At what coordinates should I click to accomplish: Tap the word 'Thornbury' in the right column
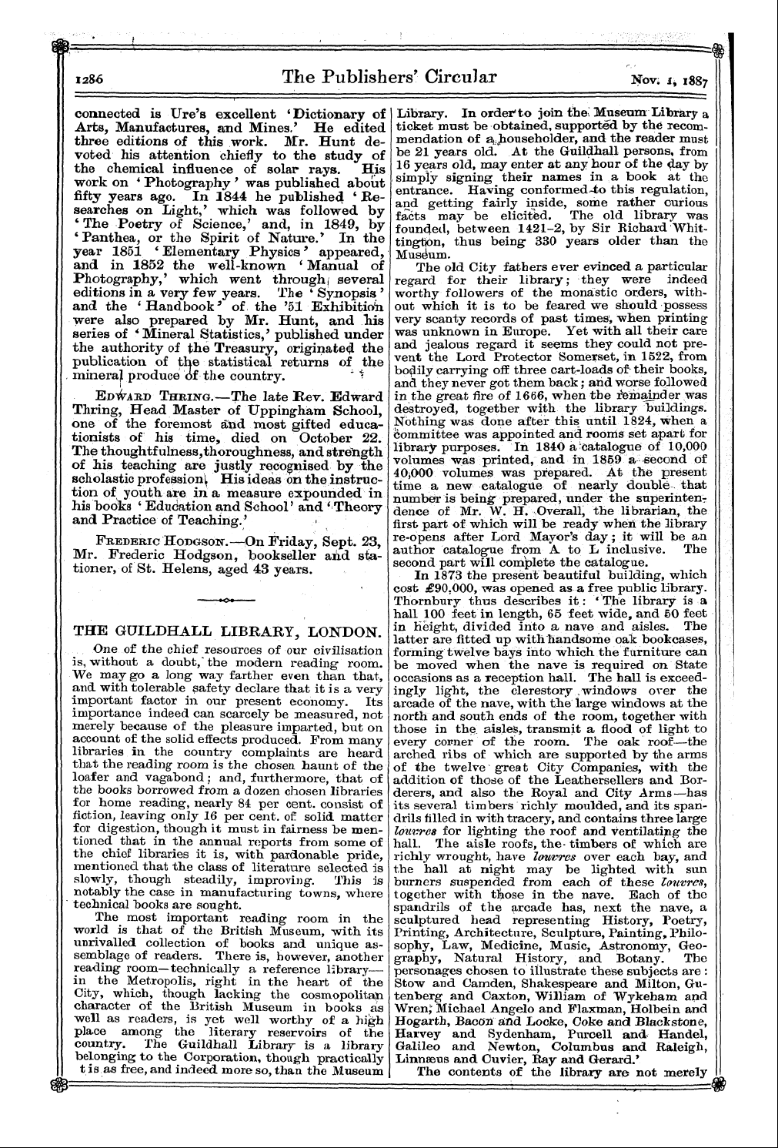coord(426,601)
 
